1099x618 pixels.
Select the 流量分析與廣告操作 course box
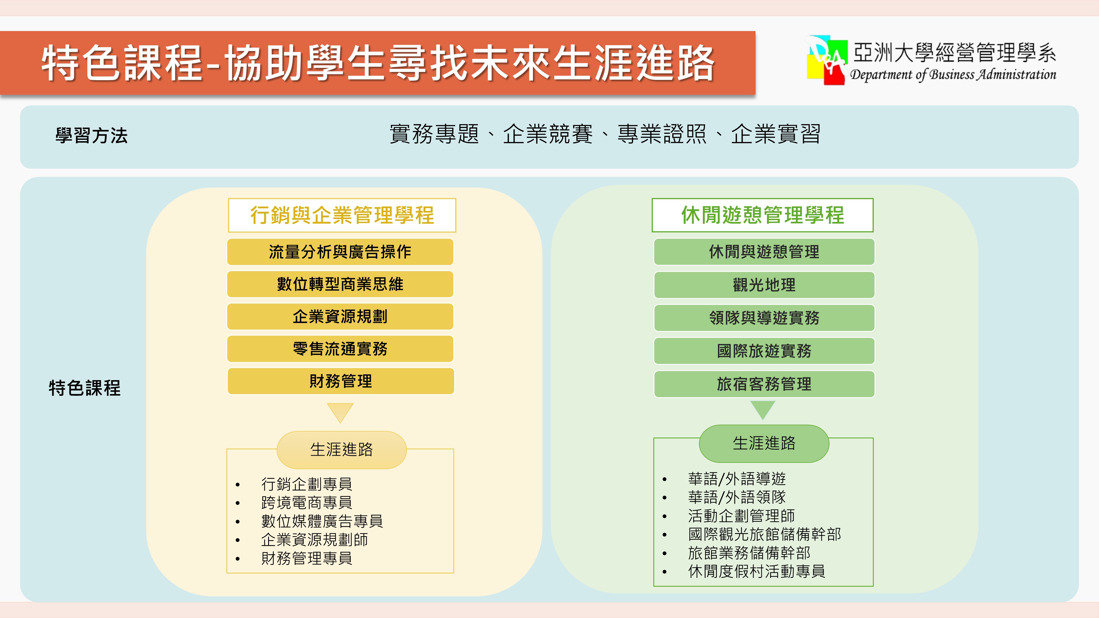point(340,252)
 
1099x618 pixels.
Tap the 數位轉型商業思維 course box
point(340,284)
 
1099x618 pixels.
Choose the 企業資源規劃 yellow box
point(340,316)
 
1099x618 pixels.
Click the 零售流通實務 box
point(340,349)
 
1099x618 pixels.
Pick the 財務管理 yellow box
point(340,381)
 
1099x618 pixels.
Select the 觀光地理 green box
point(764,285)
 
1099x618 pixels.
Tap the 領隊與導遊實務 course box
point(764,318)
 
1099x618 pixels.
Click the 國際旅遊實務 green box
point(764,350)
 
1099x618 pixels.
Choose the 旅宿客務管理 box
point(764,384)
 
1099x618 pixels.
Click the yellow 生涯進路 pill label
point(341,450)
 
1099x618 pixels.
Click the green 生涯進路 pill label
point(764,443)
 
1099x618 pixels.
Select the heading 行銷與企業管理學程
point(342,215)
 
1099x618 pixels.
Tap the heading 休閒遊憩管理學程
point(762,215)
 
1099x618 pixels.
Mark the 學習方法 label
point(91,136)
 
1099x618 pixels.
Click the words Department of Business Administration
point(953,75)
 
